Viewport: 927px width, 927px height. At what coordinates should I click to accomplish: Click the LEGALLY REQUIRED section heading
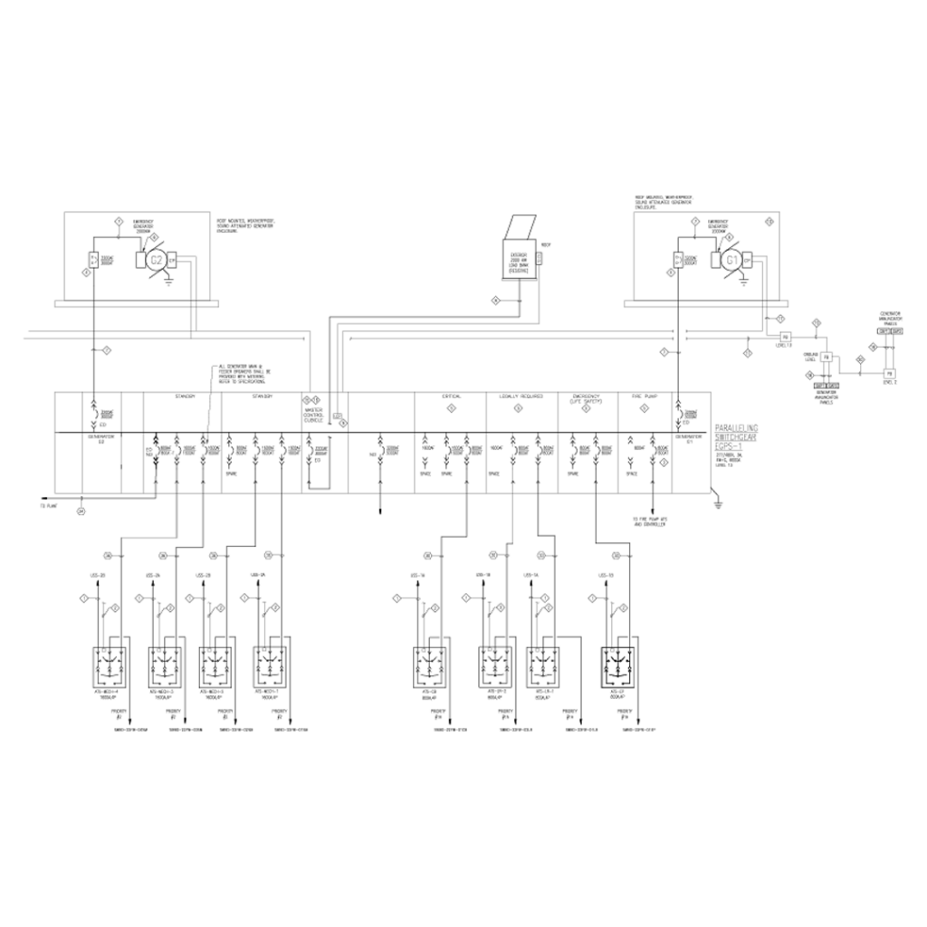click(x=520, y=397)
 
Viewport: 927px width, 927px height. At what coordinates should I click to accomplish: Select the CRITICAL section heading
click(x=450, y=397)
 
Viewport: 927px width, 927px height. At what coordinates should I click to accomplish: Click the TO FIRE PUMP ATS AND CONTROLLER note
click(x=653, y=521)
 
